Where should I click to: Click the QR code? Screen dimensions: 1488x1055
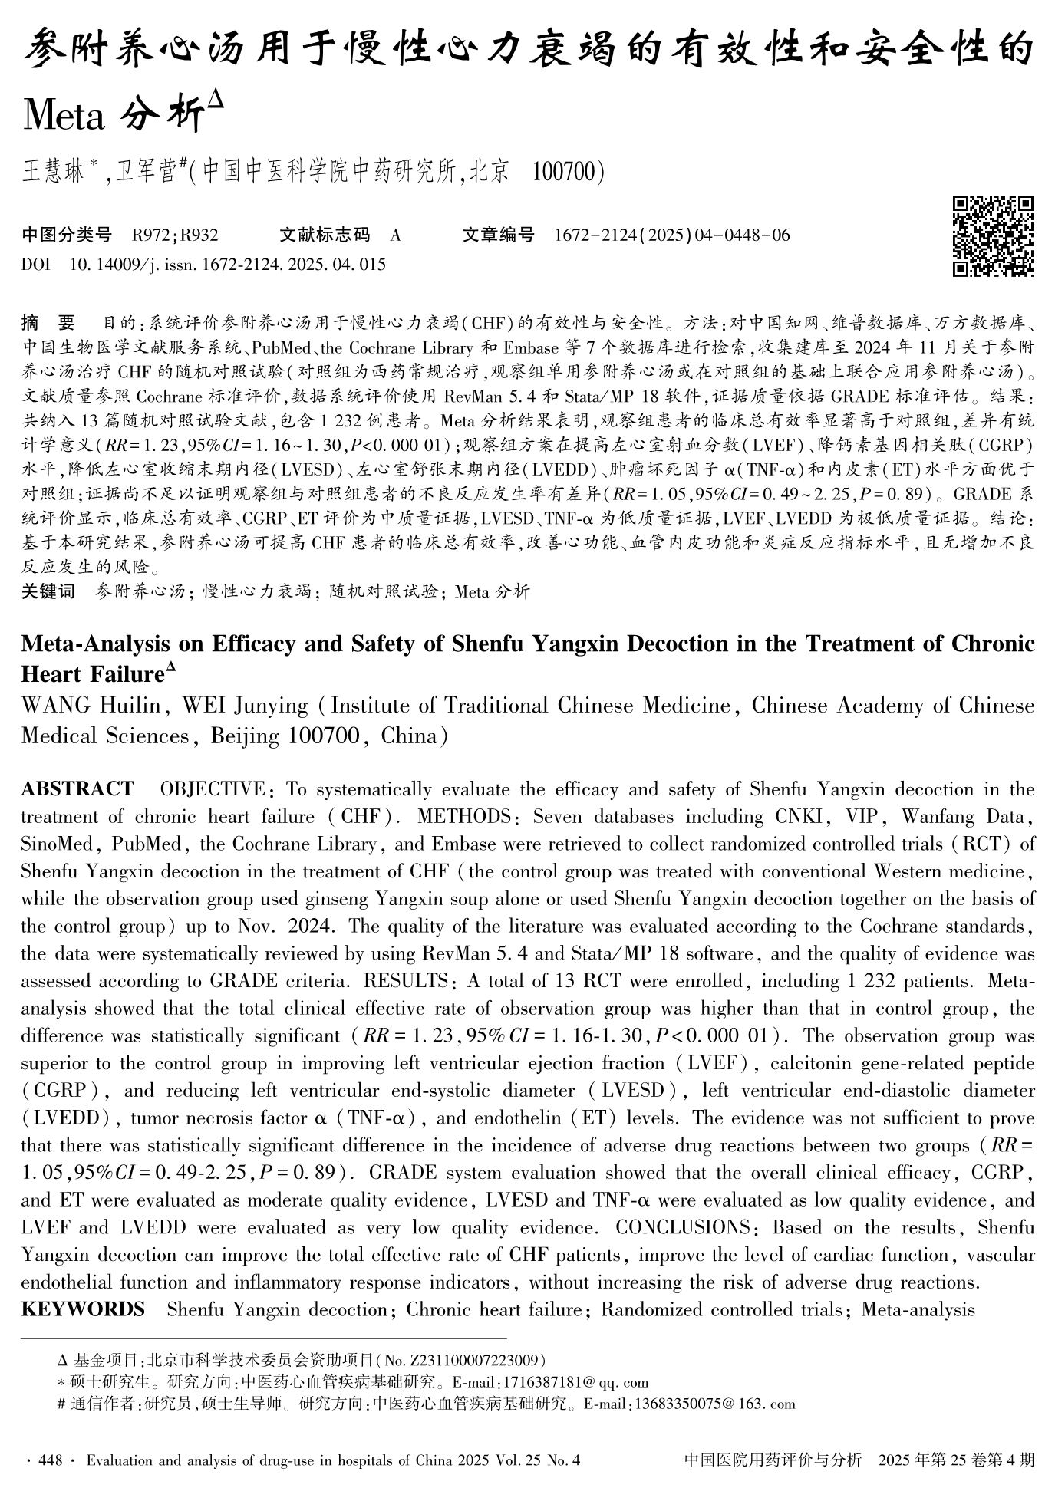tap(993, 236)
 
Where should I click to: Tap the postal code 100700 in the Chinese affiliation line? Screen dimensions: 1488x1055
tap(562, 172)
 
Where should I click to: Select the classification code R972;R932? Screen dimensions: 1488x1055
tap(175, 235)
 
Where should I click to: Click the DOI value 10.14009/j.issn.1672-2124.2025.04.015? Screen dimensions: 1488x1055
tap(227, 265)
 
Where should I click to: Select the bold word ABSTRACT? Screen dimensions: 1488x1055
tap(77, 789)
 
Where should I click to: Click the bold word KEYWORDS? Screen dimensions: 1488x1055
tap(83, 1309)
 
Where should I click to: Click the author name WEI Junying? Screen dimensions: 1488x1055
tap(245, 705)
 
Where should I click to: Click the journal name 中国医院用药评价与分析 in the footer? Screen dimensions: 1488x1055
tap(772, 1460)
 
